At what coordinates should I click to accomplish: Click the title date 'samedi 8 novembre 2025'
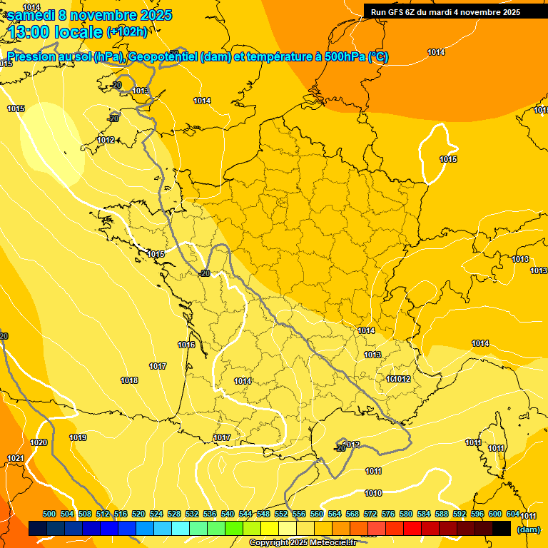click(89, 15)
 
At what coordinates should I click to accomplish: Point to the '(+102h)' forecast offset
click(127, 32)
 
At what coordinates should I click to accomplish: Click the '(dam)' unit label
click(527, 529)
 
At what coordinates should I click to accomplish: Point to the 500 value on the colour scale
click(49, 514)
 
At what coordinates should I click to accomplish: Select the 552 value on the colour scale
click(281, 514)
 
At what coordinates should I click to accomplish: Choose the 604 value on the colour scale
click(513, 514)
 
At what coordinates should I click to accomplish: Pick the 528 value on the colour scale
click(174, 514)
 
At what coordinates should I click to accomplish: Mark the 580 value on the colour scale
click(406, 514)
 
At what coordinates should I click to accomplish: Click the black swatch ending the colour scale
click(502, 529)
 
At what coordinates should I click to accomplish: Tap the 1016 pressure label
click(186, 345)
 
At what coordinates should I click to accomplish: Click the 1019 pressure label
click(78, 437)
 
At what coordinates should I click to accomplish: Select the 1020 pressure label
click(39, 442)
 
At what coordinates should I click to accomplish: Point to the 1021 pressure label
click(15, 458)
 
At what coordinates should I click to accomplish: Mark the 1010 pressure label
click(372, 493)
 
